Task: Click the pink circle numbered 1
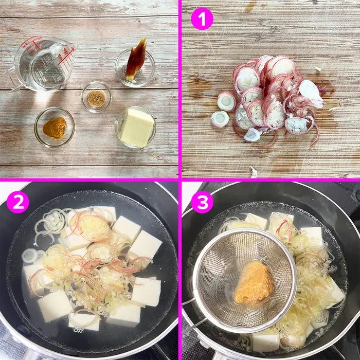click(x=202, y=19)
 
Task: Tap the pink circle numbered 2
click(x=17, y=202)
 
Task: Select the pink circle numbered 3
click(x=202, y=202)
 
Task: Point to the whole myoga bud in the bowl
click(x=137, y=60)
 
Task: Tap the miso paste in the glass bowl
click(x=55, y=128)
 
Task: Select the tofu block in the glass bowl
click(x=137, y=128)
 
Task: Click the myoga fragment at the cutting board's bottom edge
click(x=253, y=172)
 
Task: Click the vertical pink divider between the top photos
click(x=180, y=89)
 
